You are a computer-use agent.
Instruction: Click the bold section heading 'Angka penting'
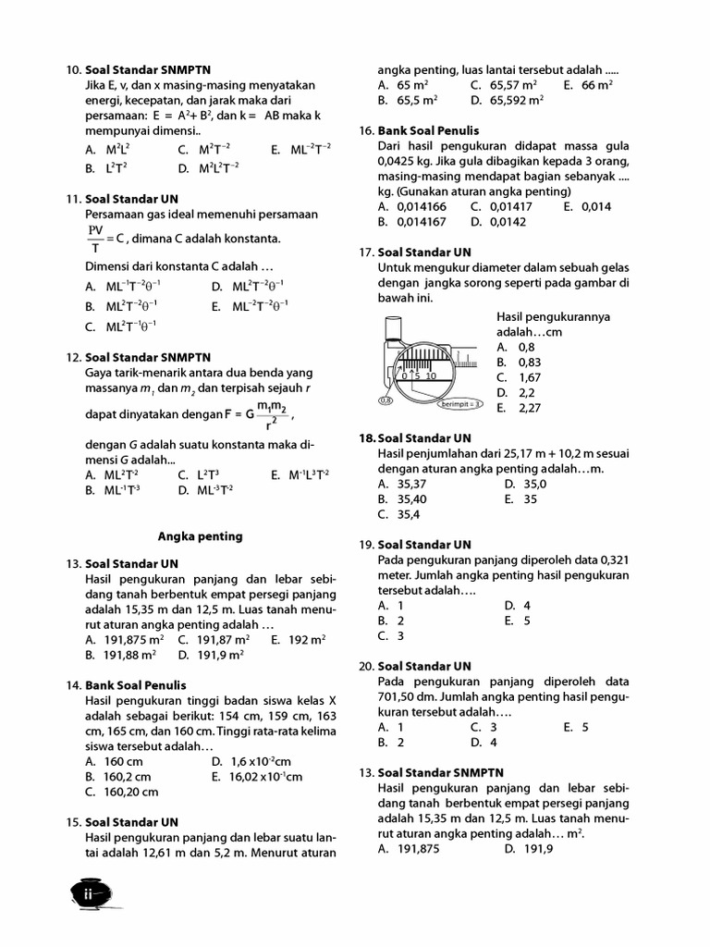pos(200,536)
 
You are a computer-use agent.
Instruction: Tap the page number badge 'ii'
pos(89,894)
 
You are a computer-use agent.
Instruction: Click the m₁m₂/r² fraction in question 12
pos(270,416)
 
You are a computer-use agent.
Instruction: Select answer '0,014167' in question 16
pos(421,222)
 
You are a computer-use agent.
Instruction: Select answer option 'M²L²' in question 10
pos(116,149)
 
